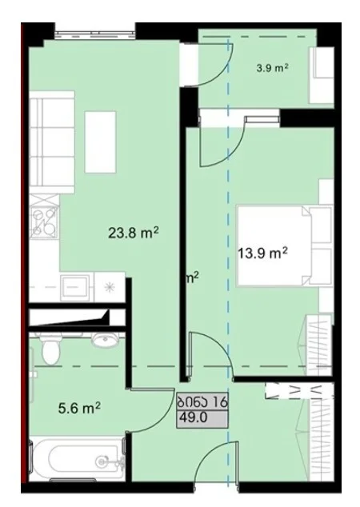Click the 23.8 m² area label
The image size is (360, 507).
click(134, 233)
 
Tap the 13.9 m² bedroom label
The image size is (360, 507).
click(262, 253)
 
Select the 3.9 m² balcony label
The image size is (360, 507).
click(272, 68)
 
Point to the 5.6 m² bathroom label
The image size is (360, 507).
click(79, 409)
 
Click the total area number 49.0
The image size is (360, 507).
click(194, 418)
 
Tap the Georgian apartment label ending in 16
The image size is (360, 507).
click(202, 402)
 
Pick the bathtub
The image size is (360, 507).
click(77, 458)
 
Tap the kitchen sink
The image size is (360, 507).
click(75, 287)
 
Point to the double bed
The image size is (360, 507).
click(285, 245)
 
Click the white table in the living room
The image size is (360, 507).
click(100, 142)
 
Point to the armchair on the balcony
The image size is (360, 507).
click(321, 75)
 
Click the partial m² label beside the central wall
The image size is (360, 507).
click(193, 277)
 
